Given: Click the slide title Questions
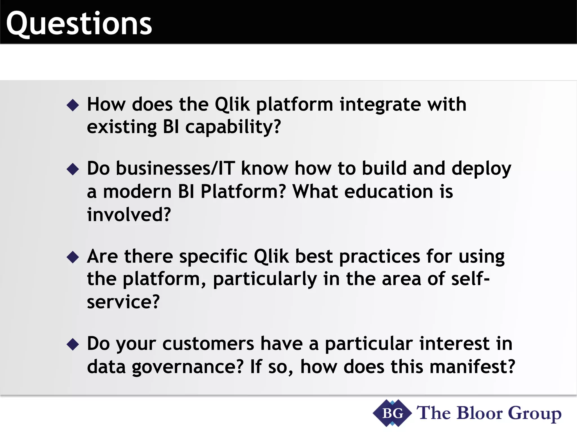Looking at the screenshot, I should click(x=79, y=24).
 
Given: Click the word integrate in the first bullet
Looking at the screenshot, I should click(x=380, y=105).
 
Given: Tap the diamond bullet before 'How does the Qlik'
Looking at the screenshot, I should click(x=73, y=105).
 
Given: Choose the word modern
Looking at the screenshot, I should click(x=137, y=192).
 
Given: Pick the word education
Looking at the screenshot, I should click(x=389, y=192).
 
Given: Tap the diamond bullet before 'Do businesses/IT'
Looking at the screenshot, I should click(x=73, y=169).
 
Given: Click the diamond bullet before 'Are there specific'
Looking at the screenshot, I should click(x=73, y=257).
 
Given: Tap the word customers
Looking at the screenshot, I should click(x=208, y=344).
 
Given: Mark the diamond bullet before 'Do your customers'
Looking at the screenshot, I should click(x=73, y=344).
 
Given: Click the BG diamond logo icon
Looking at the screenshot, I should click(x=392, y=413).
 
